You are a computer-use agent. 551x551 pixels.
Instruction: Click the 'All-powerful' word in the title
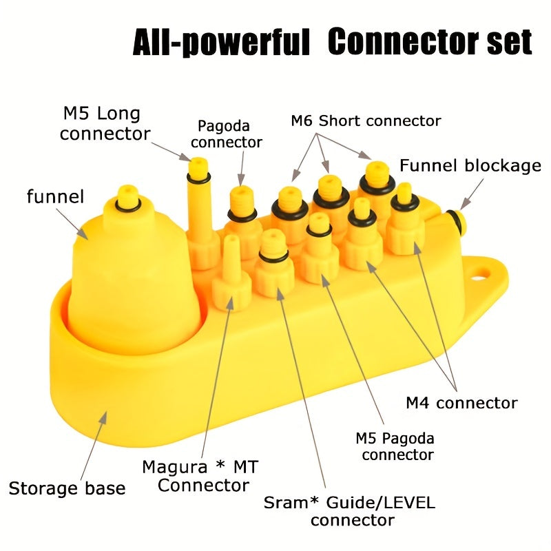click(x=221, y=42)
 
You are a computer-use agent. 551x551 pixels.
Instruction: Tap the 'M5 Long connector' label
click(x=105, y=124)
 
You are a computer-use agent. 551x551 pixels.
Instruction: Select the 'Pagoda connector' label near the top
click(x=227, y=134)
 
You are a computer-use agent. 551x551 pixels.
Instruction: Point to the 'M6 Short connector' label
click(x=366, y=121)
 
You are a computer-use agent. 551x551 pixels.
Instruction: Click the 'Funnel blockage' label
click(x=470, y=165)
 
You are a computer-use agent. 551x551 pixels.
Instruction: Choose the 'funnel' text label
click(x=56, y=196)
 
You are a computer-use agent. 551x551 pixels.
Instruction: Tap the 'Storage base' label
click(x=67, y=488)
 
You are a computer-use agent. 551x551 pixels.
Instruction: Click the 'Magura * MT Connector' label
click(x=201, y=476)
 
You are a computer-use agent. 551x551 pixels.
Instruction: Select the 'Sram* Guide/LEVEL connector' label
click(x=350, y=511)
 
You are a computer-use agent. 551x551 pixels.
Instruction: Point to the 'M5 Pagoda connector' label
click(x=395, y=446)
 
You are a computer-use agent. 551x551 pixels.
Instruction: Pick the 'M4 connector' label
click(x=461, y=403)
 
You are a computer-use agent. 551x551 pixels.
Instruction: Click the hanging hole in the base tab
click(x=481, y=273)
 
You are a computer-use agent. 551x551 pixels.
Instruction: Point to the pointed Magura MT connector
click(x=231, y=272)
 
